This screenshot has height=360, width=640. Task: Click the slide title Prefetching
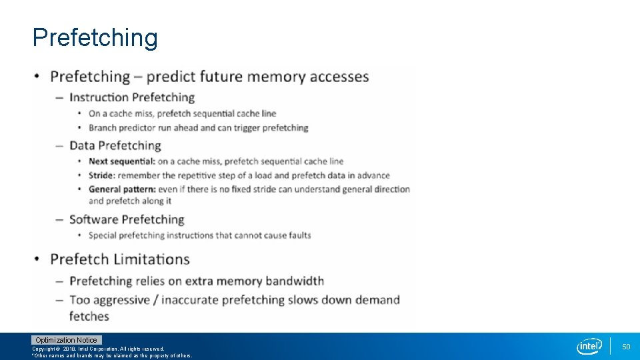pos(95,38)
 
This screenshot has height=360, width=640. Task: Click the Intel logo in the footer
pos(589,346)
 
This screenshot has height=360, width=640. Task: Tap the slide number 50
pos(626,347)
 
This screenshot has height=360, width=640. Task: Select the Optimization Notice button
pos(66,340)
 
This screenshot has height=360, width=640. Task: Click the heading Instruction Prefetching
pos(132,97)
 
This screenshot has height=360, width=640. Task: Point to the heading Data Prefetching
pos(115,145)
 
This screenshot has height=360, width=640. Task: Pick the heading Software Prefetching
pos(127,219)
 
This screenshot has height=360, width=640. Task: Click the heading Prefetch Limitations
pos(120,259)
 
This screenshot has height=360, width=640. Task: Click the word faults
pos(297,235)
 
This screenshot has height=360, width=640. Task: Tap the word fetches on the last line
pos(89,316)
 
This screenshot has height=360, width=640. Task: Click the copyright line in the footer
pos(98,349)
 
